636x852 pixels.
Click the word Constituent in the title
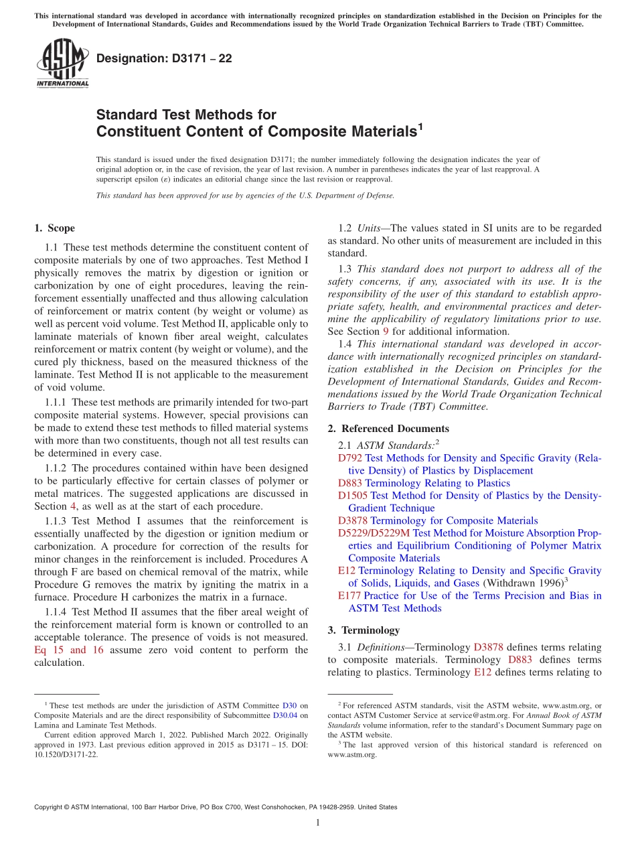135,131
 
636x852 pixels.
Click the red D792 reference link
350,458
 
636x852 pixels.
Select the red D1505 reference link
353,496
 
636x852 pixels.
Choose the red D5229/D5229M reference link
374,533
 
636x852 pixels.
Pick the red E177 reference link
349,595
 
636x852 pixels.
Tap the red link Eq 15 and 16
68,650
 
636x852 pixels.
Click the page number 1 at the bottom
318,823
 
